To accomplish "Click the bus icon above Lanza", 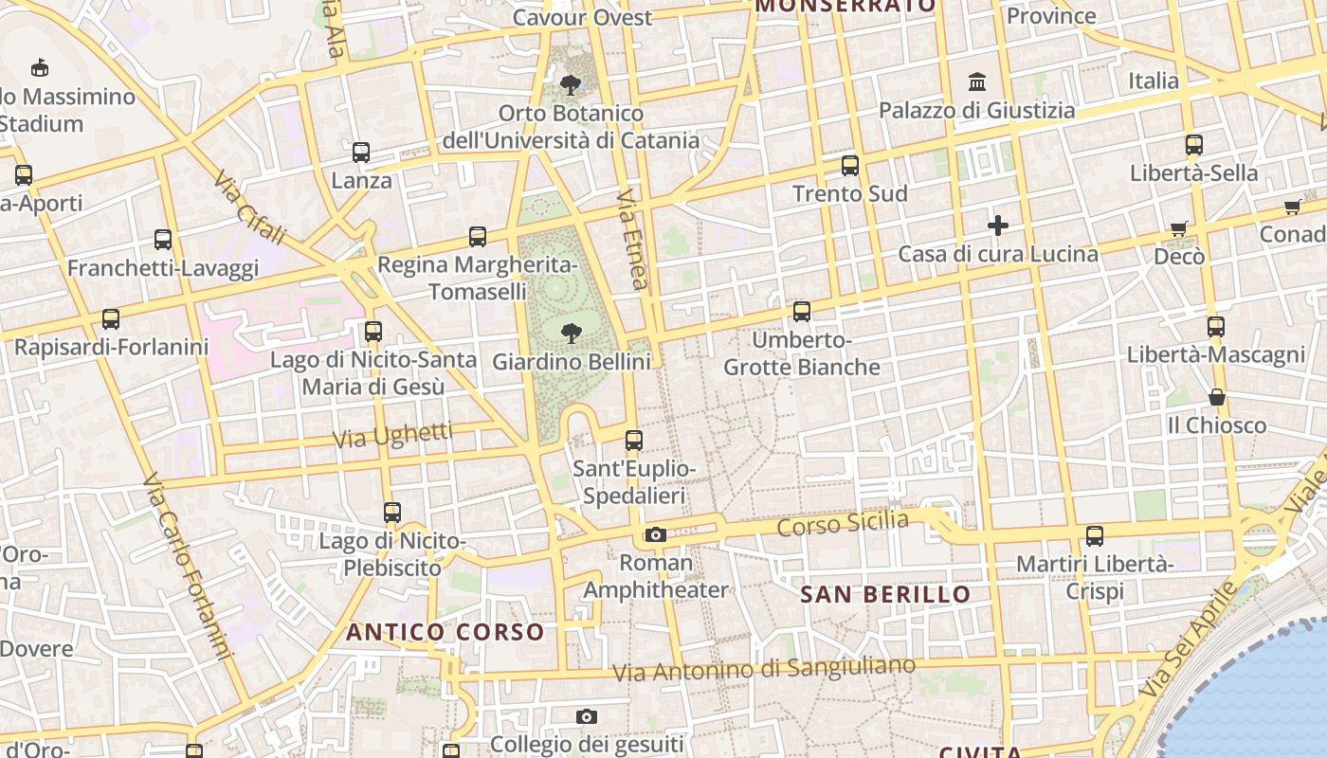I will tap(360, 152).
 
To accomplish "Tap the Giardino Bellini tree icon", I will tap(571, 333).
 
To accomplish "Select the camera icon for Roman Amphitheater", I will tap(655, 535).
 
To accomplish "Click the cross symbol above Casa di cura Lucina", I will tap(997, 226).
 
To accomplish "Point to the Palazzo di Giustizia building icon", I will tap(977, 82).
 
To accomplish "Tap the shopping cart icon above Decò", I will tap(1178, 228).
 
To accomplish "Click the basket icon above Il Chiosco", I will tap(1217, 397).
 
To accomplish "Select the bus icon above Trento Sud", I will tap(849, 166).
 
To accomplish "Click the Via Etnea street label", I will tap(632, 238).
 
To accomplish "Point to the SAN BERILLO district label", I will tap(885, 595).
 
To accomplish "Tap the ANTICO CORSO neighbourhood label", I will tap(445, 632).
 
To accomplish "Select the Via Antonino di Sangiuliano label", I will tap(764, 669).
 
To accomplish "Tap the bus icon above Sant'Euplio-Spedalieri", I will tap(633, 441).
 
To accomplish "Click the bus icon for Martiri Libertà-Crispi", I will tap(1095, 536).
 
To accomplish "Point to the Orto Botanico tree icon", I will tap(571, 85).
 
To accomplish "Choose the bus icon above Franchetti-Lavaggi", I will tap(163, 240).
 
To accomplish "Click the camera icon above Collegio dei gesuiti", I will tap(587, 716).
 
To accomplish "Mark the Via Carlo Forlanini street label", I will tap(188, 567).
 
